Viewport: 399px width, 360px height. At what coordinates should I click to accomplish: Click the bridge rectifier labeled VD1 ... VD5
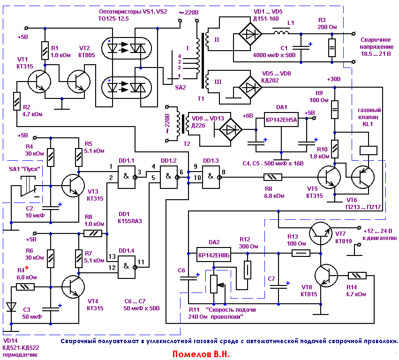[x=248, y=33]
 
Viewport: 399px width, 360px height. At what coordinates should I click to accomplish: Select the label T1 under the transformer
[x=201, y=99]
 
